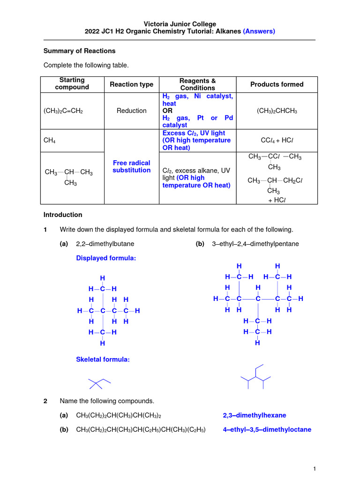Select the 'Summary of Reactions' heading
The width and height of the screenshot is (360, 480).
[x=79, y=51]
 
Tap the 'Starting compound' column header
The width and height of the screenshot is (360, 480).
[x=72, y=84]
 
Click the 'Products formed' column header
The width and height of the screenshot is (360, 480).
[x=277, y=84]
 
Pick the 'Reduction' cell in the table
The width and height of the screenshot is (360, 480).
[x=131, y=111]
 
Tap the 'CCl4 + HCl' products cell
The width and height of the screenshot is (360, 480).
[x=277, y=141]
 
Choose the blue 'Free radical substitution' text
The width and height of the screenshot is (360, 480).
[x=131, y=166]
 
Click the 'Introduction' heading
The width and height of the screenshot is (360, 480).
[x=63, y=215]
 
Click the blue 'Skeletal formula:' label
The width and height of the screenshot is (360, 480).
[x=103, y=360]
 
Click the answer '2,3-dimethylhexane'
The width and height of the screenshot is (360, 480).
[x=254, y=415]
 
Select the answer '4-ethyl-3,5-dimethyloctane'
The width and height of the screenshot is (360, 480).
[x=267, y=429]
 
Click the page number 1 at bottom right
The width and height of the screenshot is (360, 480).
[x=315, y=469]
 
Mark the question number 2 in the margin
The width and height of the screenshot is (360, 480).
[x=45, y=401]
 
